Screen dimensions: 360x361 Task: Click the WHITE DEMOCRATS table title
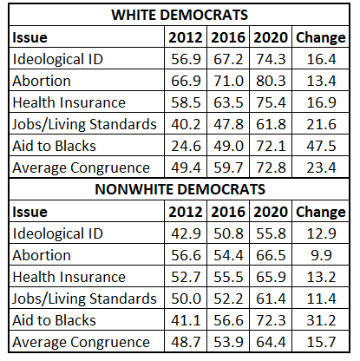(180, 15)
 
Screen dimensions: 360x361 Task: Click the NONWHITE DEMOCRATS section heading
(180, 189)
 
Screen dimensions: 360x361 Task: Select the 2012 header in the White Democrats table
(186, 37)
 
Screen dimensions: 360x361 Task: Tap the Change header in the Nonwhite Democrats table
(321, 213)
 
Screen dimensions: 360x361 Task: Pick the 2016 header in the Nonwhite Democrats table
(228, 212)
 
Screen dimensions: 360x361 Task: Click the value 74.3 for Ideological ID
(271, 59)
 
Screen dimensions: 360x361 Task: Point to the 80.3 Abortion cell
(271, 81)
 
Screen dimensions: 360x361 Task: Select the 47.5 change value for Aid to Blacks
(321, 146)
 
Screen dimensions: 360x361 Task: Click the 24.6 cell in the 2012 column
(186, 146)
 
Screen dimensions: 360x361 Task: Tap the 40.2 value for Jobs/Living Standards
(186, 124)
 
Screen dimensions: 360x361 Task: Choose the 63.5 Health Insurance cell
(228, 102)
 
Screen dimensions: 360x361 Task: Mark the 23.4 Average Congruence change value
(321, 167)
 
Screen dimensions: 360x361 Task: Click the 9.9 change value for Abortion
(321, 255)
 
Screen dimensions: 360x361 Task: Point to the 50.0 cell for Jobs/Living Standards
(186, 299)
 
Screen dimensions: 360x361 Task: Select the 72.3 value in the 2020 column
(271, 320)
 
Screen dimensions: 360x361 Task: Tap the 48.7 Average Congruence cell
(186, 342)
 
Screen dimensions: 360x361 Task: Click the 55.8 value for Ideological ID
(271, 233)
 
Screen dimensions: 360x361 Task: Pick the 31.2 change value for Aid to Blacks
(321, 320)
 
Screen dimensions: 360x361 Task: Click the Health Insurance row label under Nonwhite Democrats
(69, 277)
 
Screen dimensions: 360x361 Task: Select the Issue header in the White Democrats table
(29, 37)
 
